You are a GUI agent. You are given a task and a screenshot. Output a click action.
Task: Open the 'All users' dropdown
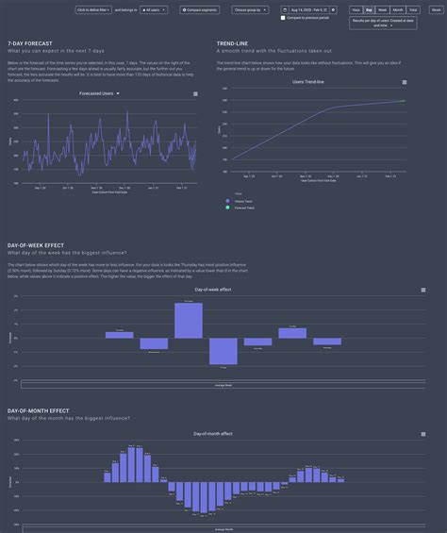(x=155, y=9)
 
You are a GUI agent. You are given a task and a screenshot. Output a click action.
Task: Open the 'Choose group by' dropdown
(x=250, y=9)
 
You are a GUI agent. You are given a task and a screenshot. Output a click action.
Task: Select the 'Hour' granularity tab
(x=356, y=9)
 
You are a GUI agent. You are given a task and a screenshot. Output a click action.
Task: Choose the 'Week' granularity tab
(x=383, y=9)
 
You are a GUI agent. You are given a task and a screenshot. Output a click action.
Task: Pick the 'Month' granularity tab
(x=398, y=9)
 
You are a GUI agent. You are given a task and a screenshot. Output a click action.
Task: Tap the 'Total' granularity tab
(x=413, y=9)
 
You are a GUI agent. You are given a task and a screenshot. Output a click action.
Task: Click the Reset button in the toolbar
(x=436, y=9)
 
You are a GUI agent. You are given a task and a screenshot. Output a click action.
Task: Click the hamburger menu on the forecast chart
(x=195, y=94)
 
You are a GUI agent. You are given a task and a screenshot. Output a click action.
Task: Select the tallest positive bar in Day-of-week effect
(x=189, y=320)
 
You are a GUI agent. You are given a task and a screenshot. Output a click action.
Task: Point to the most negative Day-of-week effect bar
(x=223, y=351)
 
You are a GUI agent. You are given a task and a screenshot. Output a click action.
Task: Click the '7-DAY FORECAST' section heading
(x=29, y=43)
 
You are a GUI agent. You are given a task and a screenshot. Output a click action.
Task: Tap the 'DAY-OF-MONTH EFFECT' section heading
(x=38, y=410)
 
